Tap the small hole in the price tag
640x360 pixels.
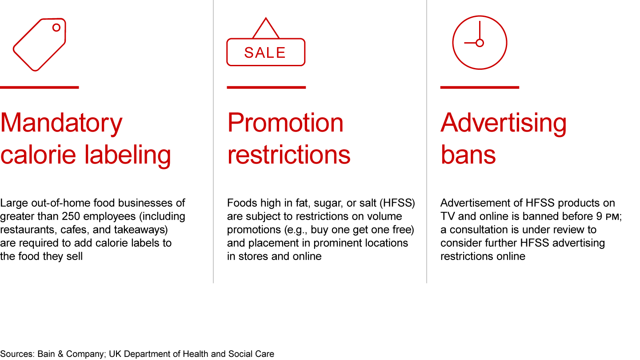(x=56, y=28)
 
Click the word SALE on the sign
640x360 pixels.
(x=265, y=52)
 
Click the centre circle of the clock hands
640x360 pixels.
(x=480, y=43)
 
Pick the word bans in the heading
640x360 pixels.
(x=468, y=155)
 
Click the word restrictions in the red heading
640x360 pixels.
(x=288, y=155)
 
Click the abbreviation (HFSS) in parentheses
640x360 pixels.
(x=397, y=203)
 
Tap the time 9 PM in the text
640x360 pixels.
(x=608, y=216)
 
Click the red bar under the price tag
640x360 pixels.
(x=40, y=88)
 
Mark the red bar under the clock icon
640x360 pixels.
(x=480, y=88)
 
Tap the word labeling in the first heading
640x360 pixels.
(x=128, y=155)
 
